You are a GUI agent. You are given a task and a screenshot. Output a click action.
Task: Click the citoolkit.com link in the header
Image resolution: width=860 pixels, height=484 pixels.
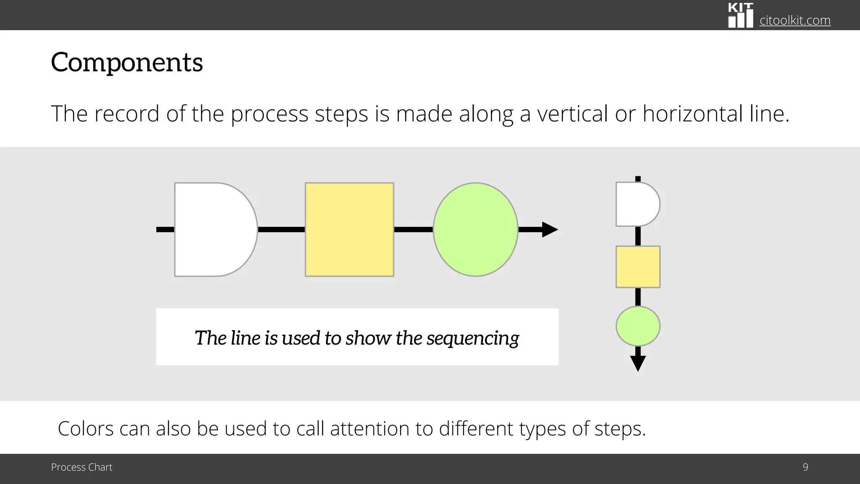[x=794, y=20]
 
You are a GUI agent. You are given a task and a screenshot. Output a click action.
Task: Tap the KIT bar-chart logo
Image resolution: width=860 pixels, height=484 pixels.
[x=740, y=16]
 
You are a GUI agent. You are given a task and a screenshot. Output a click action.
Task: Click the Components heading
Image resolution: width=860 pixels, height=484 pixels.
[x=127, y=63]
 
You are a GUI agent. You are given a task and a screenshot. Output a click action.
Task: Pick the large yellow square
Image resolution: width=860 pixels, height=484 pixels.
[x=349, y=229]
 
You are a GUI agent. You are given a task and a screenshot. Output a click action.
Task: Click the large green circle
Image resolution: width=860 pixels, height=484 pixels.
[x=475, y=229]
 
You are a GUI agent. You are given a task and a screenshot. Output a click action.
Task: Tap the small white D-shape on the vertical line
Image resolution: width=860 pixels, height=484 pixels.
[x=636, y=204]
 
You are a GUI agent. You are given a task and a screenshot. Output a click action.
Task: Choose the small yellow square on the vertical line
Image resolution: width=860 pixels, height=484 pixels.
[x=638, y=267]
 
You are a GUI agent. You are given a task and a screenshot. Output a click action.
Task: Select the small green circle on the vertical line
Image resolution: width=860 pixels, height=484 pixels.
[x=638, y=326]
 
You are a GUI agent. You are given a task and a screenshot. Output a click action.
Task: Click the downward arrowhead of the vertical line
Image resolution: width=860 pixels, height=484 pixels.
[x=638, y=363]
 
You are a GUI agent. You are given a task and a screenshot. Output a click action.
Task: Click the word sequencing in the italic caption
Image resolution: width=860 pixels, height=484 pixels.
[x=473, y=338]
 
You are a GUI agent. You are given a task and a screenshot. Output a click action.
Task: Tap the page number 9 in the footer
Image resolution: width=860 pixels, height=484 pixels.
[x=805, y=467]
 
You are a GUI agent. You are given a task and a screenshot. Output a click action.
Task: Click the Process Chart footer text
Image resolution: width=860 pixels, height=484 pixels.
[x=81, y=467]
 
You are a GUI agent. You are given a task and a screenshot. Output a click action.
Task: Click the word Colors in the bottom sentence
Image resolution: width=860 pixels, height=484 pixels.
[x=86, y=429]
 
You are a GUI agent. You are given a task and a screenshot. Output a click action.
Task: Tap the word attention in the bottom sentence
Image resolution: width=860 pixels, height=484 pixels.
[x=369, y=429]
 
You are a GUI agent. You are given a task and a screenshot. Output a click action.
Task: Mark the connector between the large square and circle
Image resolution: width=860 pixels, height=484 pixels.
[x=413, y=229]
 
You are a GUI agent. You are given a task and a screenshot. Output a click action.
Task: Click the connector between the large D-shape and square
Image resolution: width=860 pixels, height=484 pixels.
[x=281, y=229]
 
